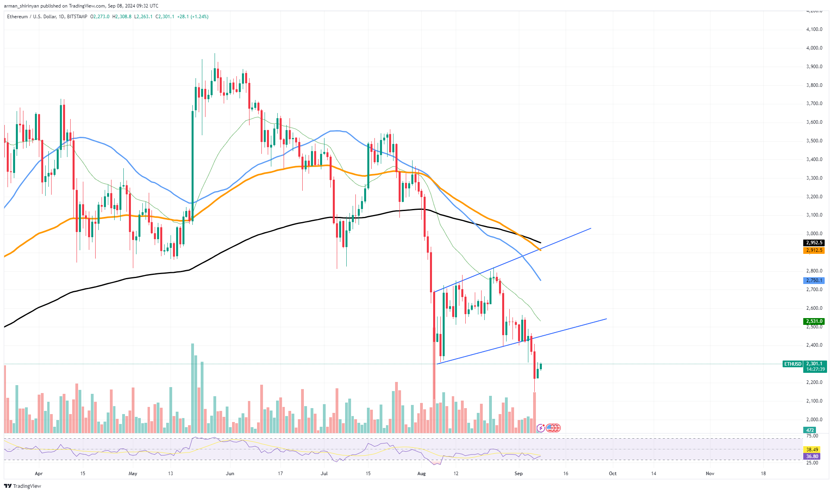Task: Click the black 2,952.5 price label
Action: point(814,243)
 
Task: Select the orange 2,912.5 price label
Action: point(814,250)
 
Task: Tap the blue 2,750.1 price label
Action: point(814,280)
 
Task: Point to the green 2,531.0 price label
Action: point(814,321)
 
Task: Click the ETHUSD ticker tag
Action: point(793,364)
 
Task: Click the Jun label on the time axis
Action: point(230,473)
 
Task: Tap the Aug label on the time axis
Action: point(421,473)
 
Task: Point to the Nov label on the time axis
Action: point(710,473)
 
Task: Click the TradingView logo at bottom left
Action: point(23,486)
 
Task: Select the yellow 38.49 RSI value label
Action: point(812,449)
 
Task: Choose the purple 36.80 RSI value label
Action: point(812,457)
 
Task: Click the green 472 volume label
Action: point(810,430)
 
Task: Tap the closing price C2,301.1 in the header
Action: point(164,17)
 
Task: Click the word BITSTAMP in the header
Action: point(77,17)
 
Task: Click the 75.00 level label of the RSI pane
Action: point(812,435)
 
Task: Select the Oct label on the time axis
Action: point(612,473)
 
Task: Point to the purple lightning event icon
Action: point(541,428)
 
